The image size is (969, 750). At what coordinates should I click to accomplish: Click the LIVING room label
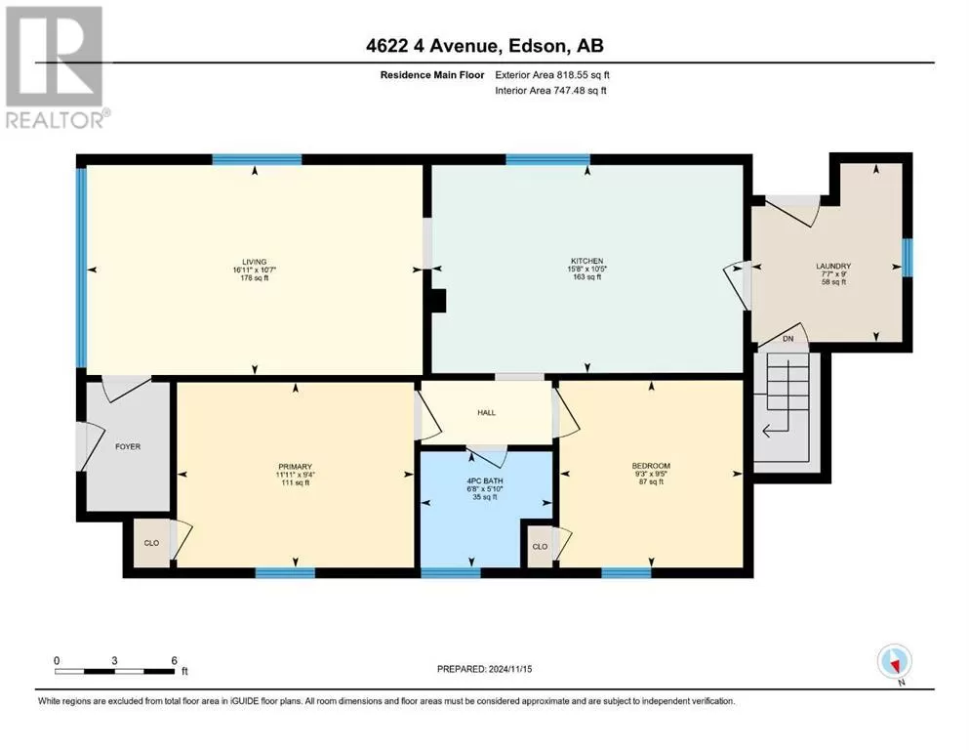pyautogui.click(x=254, y=262)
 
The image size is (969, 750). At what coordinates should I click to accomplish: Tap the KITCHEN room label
pyautogui.click(x=587, y=261)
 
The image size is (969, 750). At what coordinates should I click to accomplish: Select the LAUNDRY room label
pyautogui.click(x=833, y=266)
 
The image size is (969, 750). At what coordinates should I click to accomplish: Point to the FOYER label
pyautogui.click(x=128, y=446)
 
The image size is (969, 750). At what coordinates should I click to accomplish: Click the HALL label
pyautogui.click(x=486, y=412)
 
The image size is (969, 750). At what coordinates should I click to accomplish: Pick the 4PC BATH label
pyautogui.click(x=485, y=480)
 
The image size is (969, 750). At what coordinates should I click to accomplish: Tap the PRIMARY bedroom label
pyautogui.click(x=296, y=467)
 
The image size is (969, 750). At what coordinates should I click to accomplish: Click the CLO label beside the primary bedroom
pyautogui.click(x=151, y=543)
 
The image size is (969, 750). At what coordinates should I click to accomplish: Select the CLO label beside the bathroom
pyautogui.click(x=540, y=547)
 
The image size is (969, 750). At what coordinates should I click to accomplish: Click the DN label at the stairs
pyautogui.click(x=787, y=339)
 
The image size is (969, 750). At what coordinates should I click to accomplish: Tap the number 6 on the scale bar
pyautogui.click(x=175, y=660)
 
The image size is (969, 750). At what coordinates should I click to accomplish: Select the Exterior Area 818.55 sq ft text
pyautogui.click(x=552, y=75)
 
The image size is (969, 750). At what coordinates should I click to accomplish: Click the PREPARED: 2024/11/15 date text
pyautogui.click(x=484, y=669)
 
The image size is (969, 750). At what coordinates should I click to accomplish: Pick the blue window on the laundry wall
pyautogui.click(x=907, y=257)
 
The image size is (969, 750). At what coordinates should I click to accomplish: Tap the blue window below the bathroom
pyautogui.click(x=451, y=572)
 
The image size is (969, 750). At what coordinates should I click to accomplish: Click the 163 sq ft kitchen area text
pyautogui.click(x=587, y=277)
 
